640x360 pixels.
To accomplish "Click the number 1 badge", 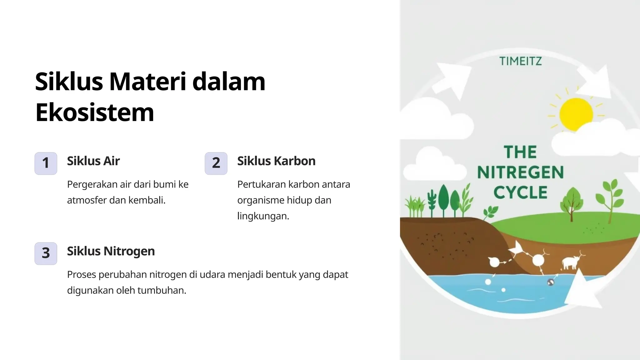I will point(46,163).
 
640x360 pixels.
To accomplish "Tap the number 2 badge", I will point(216,163).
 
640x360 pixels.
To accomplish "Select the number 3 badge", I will point(46,253).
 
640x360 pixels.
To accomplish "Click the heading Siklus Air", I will point(93,161).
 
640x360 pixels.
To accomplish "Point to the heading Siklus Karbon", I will point(276,161).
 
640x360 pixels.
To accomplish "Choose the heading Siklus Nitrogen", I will point(111,251).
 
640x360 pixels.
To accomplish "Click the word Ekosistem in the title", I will point(95,112).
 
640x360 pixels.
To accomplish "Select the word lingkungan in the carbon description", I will point(263,216).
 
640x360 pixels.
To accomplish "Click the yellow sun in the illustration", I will point(576,114).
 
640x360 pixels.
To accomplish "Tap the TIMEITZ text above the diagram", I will point(520,61).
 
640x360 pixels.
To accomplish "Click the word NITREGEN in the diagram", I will point(520,172).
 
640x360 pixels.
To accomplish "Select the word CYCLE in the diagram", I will point(520,192).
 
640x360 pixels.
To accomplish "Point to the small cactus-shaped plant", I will point(432,202).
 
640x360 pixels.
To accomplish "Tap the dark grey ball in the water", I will point(551,282).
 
